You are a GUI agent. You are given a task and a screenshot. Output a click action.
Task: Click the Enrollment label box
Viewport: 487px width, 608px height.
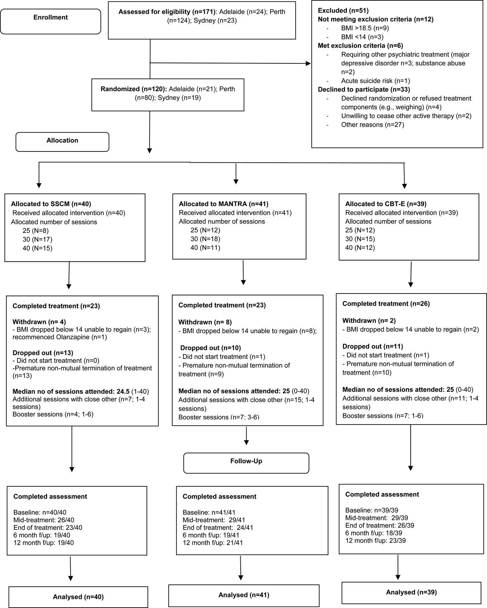[50, 18]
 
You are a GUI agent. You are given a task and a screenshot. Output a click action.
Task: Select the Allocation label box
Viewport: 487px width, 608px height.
[62, 141]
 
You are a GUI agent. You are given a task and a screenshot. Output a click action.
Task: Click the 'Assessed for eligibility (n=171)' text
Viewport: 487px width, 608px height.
[167, 12]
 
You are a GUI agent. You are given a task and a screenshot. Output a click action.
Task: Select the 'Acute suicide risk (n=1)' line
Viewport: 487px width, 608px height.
[375, 81]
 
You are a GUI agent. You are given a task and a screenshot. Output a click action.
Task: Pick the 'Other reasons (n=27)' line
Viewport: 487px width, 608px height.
[372, 125]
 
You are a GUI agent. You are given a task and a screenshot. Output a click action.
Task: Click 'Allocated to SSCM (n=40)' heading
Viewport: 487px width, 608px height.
[51, 204]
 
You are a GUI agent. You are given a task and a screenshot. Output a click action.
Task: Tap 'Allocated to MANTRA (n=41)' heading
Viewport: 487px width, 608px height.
[223, 204]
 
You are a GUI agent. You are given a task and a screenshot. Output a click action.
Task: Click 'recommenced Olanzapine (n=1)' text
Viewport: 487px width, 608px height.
[59, 337]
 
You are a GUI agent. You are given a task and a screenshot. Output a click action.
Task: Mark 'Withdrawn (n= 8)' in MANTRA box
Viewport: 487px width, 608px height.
[205, 322]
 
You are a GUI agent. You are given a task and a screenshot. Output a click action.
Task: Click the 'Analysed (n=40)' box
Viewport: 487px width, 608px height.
[78, 597]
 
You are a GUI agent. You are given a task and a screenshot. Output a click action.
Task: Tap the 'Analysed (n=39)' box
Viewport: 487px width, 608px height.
[411, 592]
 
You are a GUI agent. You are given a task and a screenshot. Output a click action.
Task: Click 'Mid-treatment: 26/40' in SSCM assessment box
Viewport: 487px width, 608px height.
[43, 520]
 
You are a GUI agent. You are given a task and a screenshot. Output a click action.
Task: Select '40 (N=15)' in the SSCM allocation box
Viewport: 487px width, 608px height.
[37, 248]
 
